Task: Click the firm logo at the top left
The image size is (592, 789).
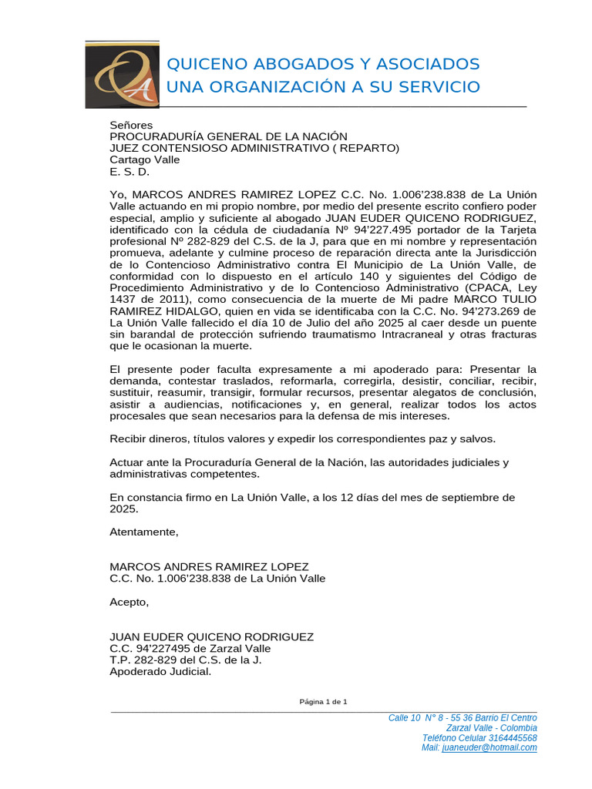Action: coord(122,74)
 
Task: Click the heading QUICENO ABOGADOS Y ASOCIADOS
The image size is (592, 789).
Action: coord(323,63)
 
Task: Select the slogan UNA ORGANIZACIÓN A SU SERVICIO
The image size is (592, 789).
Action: coord(323,86)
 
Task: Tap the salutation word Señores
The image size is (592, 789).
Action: coord(131,125)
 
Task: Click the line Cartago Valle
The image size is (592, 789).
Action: coord(145,159)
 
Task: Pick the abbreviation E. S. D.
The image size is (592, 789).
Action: coord(129,171)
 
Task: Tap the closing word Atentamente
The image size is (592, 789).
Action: coord(143,532)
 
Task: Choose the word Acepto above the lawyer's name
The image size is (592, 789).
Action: coord(129,602)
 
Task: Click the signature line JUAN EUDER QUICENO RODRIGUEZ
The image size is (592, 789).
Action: coord(212,636)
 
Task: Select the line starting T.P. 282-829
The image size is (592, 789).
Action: coord(186,660)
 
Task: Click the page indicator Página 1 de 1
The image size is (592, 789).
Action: coord(324,701)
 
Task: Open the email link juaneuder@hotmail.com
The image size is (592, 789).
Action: coord(489,747)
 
